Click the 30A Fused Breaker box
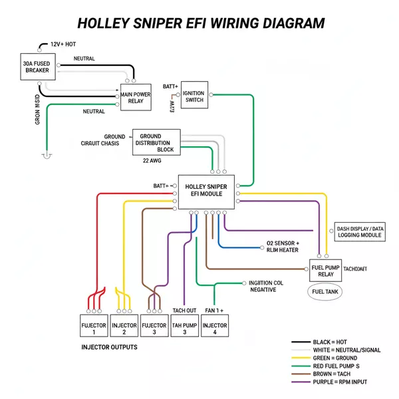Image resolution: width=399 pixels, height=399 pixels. pyautogui.click(x=37, y=65)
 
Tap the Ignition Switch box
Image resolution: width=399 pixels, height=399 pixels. pyautogui.click(x=194, y=96)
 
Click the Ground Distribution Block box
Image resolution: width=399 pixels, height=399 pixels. pyautogui.click(x=156, y=142)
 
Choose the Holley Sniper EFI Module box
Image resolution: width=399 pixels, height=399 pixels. pyautogui.click(x=207, y=191)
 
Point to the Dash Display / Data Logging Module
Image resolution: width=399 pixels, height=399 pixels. pyautogui.click(x=359, y=231)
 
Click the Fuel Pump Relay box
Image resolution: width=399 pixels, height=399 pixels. pyautogui.click(x=325, y=271)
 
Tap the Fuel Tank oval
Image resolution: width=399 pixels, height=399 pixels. pyautogui.click(x=325, y=292)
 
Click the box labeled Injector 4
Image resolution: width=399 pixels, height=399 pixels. pyautogui.click(x=214, y=329)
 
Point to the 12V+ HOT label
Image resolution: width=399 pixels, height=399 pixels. pyautogui.click(x=63, y=45)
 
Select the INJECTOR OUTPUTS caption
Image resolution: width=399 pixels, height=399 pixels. pyautogui.click(x=110, y=348)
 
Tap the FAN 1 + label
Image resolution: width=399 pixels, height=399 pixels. pyautogui.click(x=214, y=311)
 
